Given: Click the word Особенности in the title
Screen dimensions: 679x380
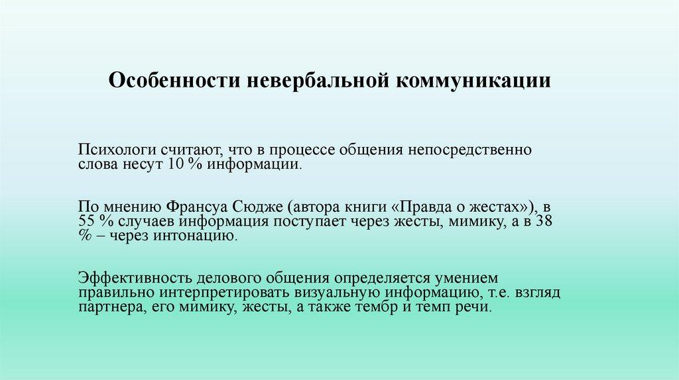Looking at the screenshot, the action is (x=174, y=80).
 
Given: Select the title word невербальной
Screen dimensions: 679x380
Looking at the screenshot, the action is (x=318, y=81).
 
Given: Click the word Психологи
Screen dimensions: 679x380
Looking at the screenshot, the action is (x=117, y=150).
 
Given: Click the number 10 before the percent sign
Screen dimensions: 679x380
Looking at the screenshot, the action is (x=175, y=164).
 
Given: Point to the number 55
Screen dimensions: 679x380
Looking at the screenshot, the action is (x=87, y=221).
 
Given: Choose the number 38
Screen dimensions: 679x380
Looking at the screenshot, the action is (x=544, y=221).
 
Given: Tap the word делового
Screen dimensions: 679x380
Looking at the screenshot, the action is (x=229, y=279).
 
